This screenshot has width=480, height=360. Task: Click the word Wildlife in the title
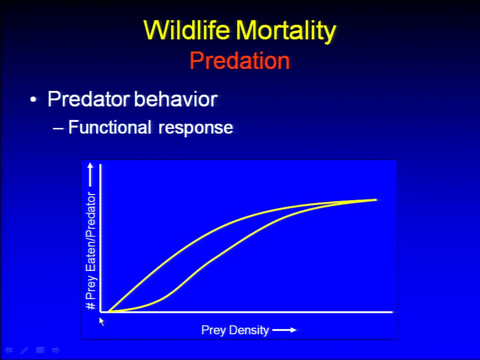[186, 30]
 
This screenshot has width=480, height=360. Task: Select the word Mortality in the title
[286, 31]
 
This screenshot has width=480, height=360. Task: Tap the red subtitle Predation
[239, 60]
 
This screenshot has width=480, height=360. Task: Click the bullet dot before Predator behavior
[33, 100]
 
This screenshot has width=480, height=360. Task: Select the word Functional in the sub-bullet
[109, 127]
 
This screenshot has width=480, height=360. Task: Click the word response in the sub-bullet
[195, 128]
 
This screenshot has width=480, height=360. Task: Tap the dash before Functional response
[58, 128]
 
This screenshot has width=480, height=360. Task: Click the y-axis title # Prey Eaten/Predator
[91, 250]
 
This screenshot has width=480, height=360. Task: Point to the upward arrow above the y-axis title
[90, 174]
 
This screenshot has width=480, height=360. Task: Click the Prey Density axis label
[235, 330]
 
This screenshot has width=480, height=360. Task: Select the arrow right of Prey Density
[284, 330]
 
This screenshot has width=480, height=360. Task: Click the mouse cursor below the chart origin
[101, 321]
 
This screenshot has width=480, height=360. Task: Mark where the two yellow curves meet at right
[340, 202]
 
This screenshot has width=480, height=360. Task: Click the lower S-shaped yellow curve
[214, 258]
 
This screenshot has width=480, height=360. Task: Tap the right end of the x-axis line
[392, 312]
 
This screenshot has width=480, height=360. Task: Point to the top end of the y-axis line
[100, 165]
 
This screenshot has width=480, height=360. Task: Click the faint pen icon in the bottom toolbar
[24, 350]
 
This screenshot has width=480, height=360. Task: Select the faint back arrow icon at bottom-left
[8, 350]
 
